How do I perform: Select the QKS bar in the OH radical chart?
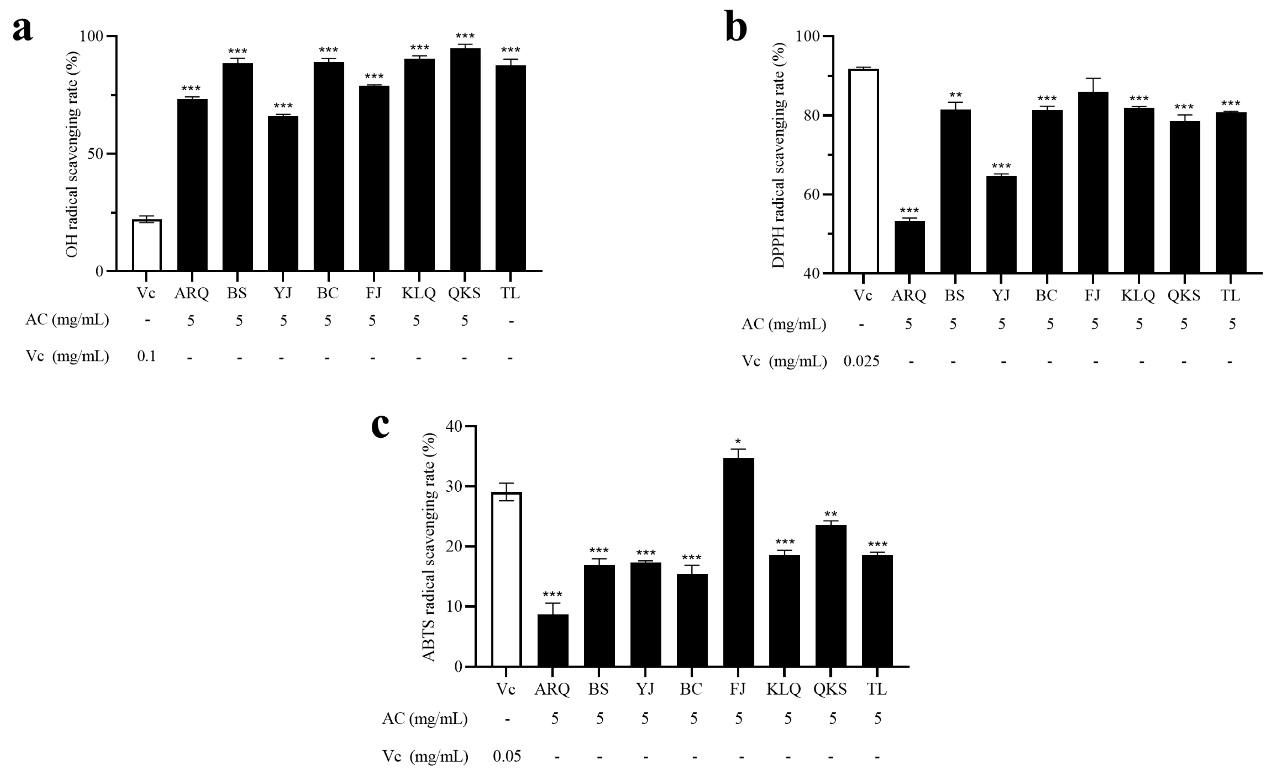click(465, 161)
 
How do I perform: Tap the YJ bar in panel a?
click(282, 194)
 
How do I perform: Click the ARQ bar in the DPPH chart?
click(909, 248)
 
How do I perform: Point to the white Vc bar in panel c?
click(506, 579)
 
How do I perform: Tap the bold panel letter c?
click(380, 425)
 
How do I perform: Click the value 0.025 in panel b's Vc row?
click(861, 361)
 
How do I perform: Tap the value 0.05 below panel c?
click(506, 756)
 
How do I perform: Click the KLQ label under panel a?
click(419, 293)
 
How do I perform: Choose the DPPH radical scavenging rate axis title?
click(778, 155)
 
